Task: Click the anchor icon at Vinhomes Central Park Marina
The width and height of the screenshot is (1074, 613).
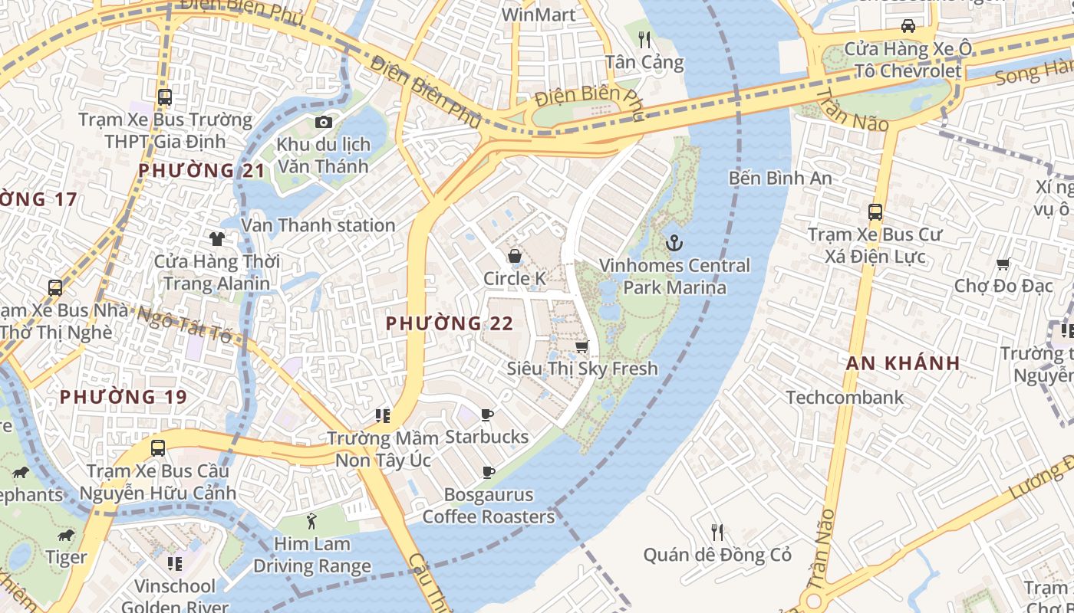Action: [674, 244]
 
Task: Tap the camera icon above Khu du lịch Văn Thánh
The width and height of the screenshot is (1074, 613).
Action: [323, 123]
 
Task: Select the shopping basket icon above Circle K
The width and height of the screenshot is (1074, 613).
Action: [514, 256]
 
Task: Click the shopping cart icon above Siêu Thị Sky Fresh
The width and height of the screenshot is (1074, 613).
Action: [582, 346]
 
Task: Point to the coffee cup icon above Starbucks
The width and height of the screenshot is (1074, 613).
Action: [486, 415]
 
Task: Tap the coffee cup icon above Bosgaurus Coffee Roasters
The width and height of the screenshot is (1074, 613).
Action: [488, 473]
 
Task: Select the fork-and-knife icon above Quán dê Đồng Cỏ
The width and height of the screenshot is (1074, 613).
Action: [717, 532]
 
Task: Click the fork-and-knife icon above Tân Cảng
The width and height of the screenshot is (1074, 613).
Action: [644, 39]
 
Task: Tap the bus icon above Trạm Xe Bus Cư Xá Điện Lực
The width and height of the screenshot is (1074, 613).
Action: [875, 212]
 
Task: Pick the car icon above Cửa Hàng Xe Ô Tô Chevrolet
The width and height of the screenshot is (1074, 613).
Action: [908, 26]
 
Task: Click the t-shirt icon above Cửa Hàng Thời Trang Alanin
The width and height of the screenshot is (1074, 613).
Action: [217, 239]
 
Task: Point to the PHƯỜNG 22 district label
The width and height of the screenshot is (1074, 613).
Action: [450, 323]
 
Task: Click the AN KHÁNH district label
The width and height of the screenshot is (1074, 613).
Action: [903, 363]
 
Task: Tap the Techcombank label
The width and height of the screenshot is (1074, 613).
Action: [845, 397]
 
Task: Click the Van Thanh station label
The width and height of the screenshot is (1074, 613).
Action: [318, 225]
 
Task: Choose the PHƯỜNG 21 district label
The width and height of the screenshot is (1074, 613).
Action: [201, 170]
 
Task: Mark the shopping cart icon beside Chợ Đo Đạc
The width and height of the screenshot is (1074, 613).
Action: [1002, 265]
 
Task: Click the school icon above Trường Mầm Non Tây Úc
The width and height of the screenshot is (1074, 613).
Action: [382, 416]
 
